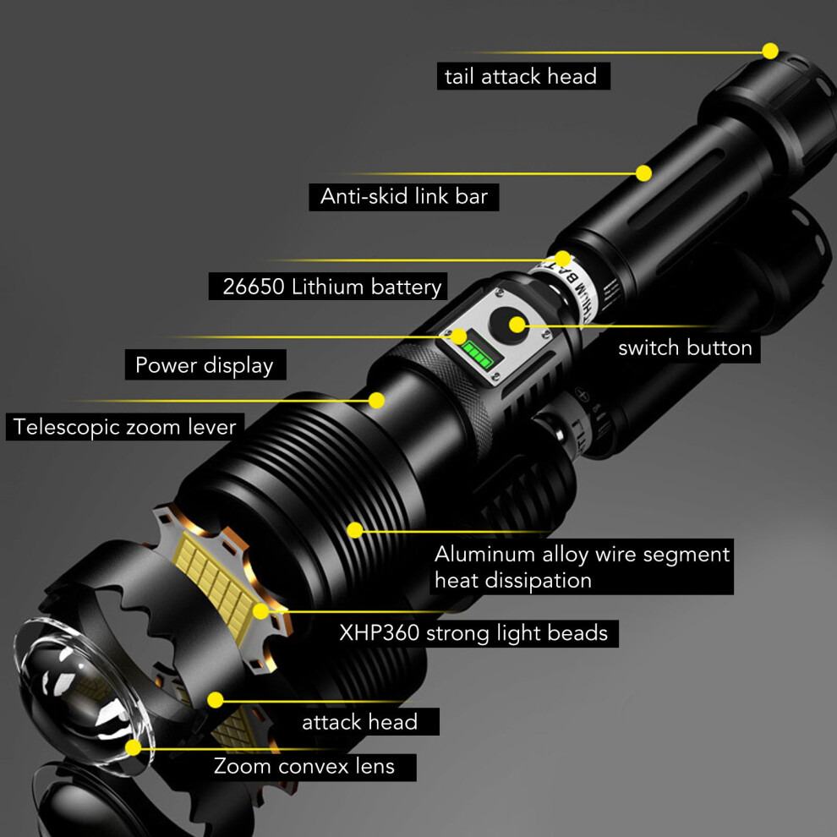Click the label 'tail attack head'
pyautogui.click(x=521, y=76)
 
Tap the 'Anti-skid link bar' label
pyautogui.click(x=403, y=196)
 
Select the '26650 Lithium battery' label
pyautogui.click(x=331, y=287)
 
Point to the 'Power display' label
pyautogui.click(x=204, y=365)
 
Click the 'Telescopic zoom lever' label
pyautogui.click(x=124, y=427)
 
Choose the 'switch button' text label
pyautogui.click(x=685, y=348)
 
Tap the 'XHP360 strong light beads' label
pyautogui.click(x=473, y=633)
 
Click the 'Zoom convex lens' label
pyautogui.click(x=304, y=767)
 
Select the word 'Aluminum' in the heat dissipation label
pyautogui.click(x=484, y=554)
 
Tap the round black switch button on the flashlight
pyautogui.click(x=508, y=325)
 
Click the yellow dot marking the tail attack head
pyautogui.click(x=769, y=52)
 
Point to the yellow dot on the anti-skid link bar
pyautogui.click(x=643, y=173)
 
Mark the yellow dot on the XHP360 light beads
pyautogui.click(x=260, y=611)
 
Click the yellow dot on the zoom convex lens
pyautogui.click(x=133, y=747)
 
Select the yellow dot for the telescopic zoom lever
pyautogui.click(x=376, y=401)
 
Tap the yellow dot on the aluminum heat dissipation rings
pyautogui.click(x=355, y=530)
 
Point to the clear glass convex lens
pyautogui.click(x=80, y=694)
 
